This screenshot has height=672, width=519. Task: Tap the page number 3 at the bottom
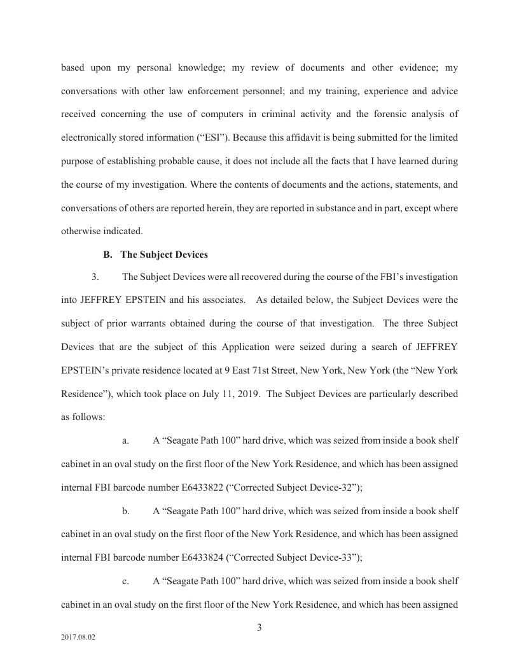coord(259,629)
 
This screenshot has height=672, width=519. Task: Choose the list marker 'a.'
coord(126,440)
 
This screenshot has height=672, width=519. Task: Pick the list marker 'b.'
coord(126,510)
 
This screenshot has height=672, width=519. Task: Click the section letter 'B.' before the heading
coord(107,255)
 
